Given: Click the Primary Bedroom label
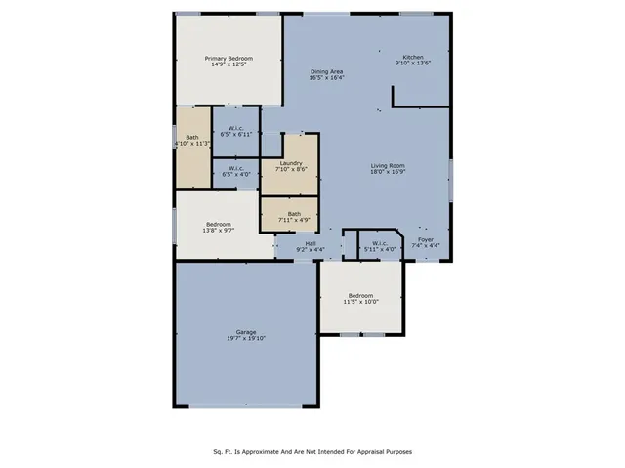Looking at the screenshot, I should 229,59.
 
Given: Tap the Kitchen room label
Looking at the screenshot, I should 413,56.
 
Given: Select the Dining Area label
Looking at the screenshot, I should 327,72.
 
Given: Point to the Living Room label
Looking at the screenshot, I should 388,167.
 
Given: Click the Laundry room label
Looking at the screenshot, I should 290,163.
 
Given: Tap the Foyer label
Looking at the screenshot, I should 427,238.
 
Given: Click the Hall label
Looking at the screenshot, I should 311,243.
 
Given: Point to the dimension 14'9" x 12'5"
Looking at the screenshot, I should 229,65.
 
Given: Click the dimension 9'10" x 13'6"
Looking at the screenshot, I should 413,63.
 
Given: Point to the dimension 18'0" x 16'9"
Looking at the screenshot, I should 388,174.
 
